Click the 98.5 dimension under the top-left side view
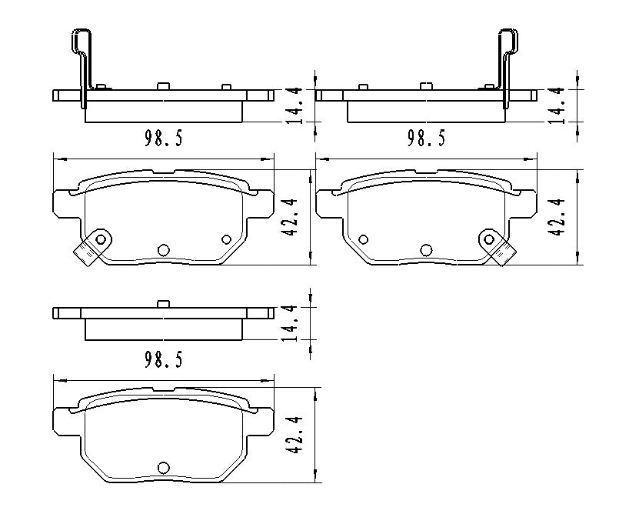163,139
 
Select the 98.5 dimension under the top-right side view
425,139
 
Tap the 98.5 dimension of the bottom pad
163,360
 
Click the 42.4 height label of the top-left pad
292,218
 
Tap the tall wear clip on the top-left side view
82,65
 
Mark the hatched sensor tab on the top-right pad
504,252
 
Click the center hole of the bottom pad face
163,467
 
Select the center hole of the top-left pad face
163,249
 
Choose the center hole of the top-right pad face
426,249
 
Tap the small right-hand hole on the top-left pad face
226,239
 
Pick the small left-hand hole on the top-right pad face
363,239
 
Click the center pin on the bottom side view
163,304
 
